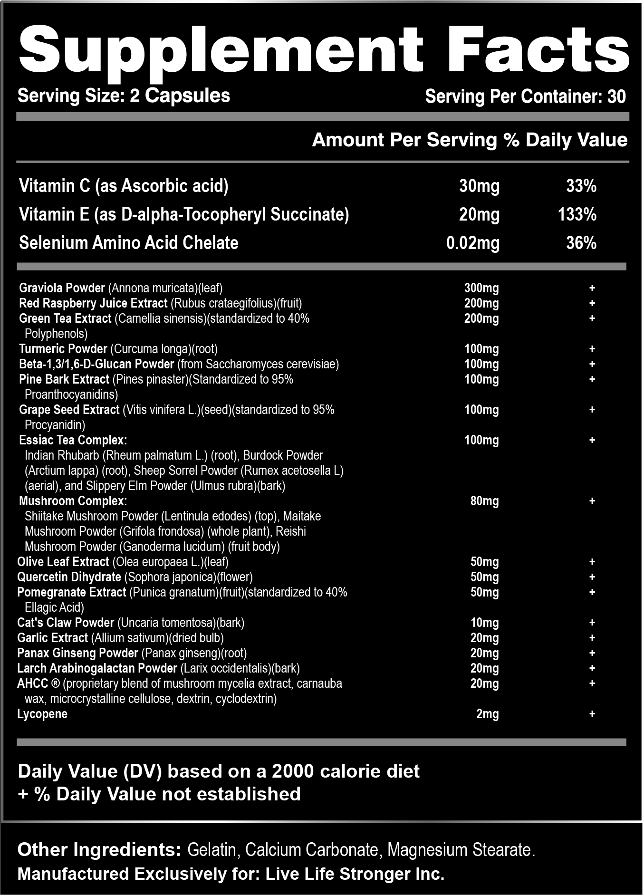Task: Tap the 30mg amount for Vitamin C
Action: point(479,186)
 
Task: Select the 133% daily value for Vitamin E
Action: point(577,214)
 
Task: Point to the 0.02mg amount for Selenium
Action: point(473,243)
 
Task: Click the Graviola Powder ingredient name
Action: point(62,288)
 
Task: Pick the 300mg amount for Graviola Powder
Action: point(481,288)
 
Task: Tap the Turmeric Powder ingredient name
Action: point(63,349)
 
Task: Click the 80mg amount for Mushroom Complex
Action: point(484,501)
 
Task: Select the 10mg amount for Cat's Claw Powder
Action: point(484,623)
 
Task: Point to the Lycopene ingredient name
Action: point(42,714)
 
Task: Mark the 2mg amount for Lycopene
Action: point(487,714)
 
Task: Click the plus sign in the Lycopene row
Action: point(592,714)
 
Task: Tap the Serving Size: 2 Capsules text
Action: point(124,96)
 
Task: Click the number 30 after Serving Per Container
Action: point(616,96)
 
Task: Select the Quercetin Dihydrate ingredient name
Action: point(69,577)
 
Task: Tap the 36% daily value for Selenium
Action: point(581,243)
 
